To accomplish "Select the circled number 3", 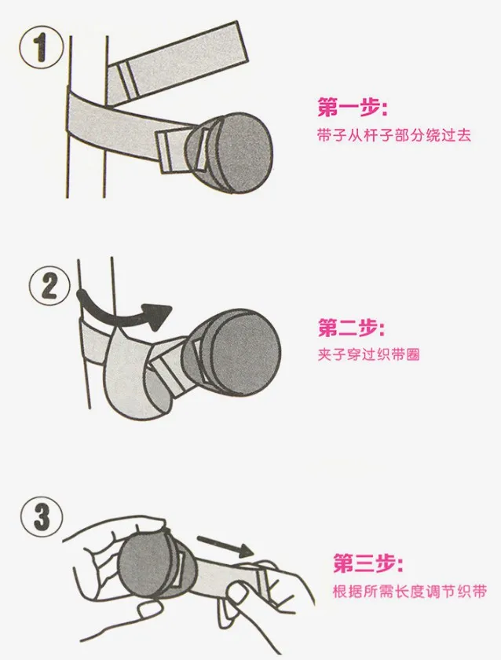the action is [41, 517].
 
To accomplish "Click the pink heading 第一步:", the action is [352, 108].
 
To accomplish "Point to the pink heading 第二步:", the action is [351, 328].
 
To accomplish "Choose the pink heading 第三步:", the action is [368, 563].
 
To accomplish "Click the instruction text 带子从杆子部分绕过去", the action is [393, 135].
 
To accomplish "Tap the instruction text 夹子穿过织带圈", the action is [368, 354].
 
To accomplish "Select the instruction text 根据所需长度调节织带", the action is [409, 592].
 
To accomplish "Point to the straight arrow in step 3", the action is [225, 545].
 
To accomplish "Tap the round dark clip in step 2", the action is [232, 354].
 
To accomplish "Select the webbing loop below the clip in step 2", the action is [134, 379].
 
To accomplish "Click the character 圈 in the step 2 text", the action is [413, 354].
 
